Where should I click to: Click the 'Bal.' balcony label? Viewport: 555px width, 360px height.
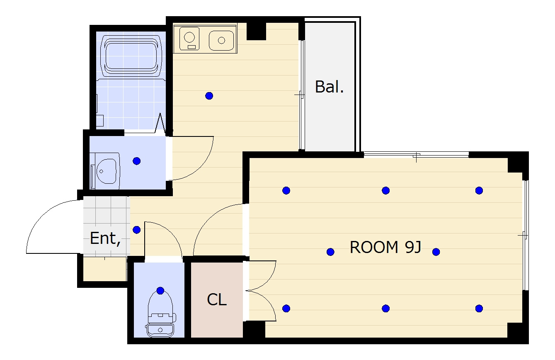(329, 87)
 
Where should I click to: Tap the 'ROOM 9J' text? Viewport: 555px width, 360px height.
(385, 247)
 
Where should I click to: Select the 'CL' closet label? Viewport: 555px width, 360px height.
(217, 299)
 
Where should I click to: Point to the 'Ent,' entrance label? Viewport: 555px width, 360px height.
(105, 238)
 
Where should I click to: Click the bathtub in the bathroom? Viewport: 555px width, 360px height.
(131, 56)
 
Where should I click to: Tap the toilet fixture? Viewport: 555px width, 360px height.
(160, 314)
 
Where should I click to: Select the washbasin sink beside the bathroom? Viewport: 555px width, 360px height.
(107, 171)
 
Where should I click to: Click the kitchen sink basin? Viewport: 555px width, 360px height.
(221, 40)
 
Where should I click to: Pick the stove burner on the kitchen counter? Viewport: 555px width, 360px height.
(190, 39)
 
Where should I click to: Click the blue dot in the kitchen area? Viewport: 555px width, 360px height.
(209, 96)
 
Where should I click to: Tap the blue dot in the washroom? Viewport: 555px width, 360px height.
(136, 161)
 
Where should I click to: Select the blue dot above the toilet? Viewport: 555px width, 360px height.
(160, 291)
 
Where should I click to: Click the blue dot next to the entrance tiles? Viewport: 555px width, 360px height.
(136, 230)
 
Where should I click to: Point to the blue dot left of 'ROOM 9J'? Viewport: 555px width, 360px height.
(330, 252)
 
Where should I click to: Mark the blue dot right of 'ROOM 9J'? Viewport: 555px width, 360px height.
(436, 252)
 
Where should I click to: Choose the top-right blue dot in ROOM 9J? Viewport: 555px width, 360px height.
(479, 190)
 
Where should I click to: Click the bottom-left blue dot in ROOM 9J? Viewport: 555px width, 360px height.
(286, 309)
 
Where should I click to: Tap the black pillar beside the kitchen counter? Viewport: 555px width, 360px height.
(256, 31)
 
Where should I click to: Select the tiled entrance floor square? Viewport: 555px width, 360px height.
(107, 226)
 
